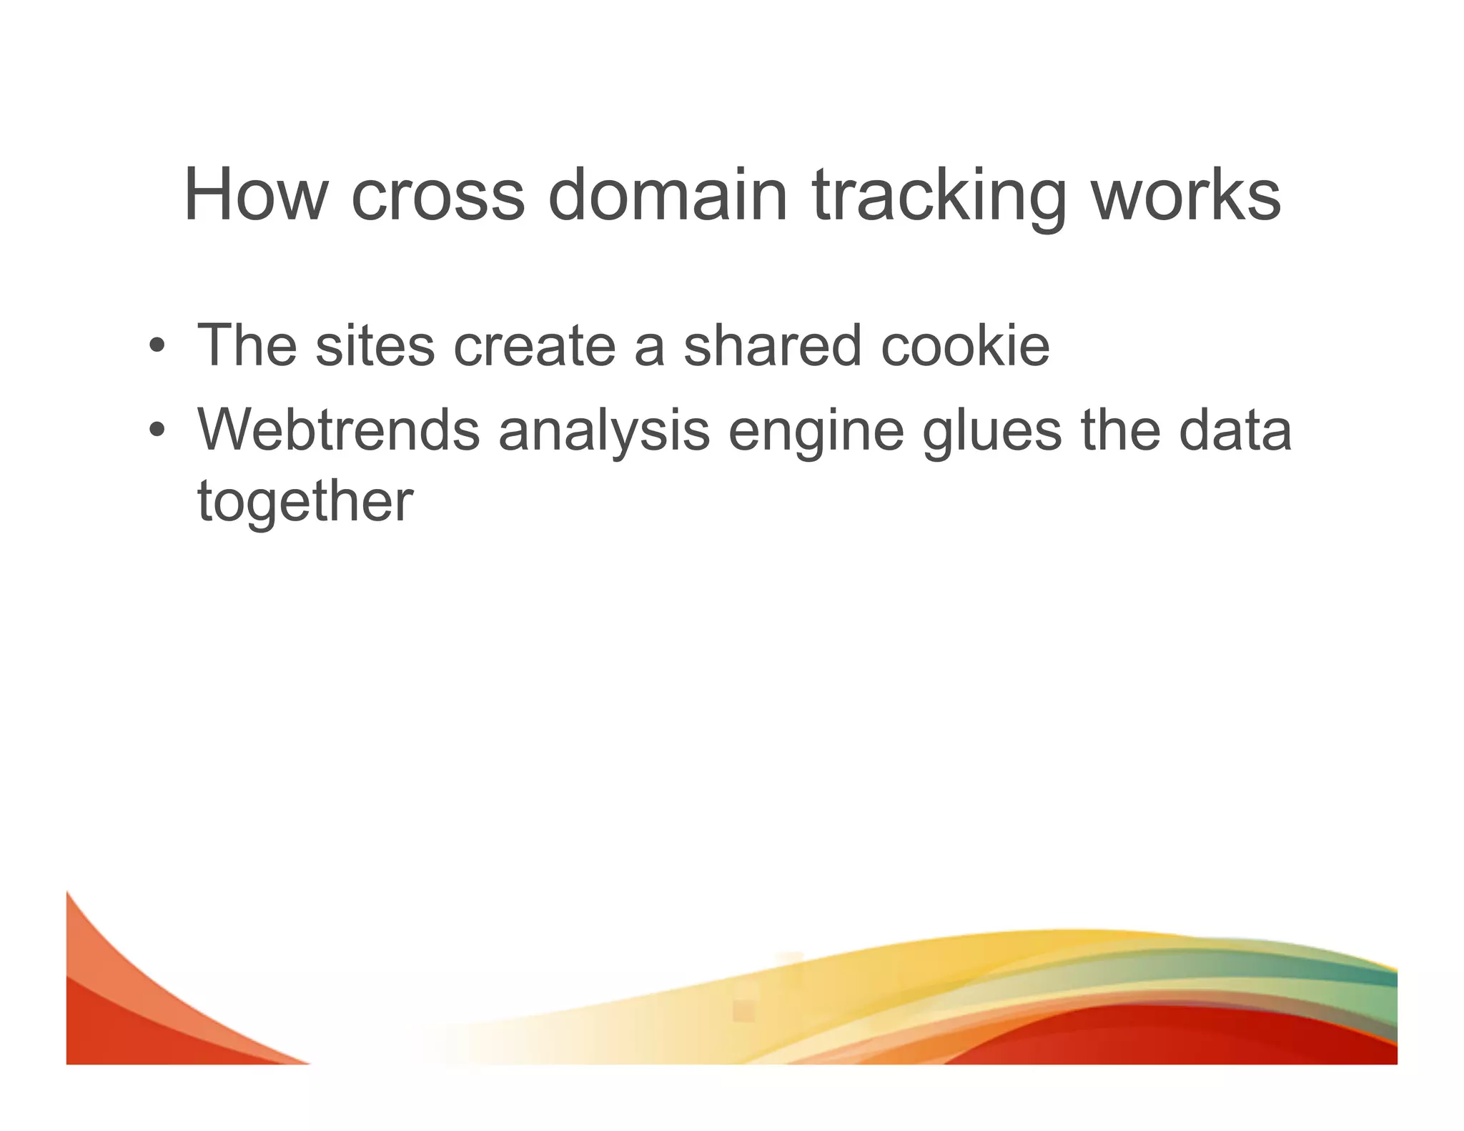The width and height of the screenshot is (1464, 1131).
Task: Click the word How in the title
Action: pyautogui.click(x=255, y=194)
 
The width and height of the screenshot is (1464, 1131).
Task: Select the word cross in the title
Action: pyautogui.click(x=437, y=194)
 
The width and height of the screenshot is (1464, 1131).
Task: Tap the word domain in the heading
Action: pyautogui.click(x=667, y=194)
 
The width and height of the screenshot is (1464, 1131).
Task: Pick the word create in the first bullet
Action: pyautogui.click(x=534, y=346)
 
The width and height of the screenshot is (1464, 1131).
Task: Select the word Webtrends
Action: pyautogui.click(x=338, y=430)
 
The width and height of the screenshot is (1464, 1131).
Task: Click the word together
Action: pyautogui.click(x=305, y=503)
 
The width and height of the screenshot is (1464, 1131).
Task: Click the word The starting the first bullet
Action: pyautogui.click(x=247, y=346)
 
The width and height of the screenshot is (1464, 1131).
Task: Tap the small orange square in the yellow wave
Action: pyautogui.click(x=743, y=1010)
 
